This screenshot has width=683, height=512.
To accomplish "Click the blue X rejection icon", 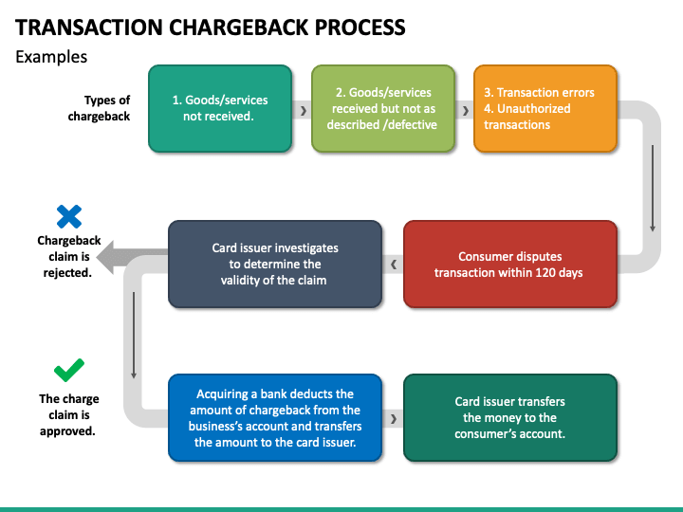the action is click(69, 216).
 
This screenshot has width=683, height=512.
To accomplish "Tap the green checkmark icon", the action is click(69, 370).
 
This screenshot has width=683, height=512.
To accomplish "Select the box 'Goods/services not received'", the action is click(220, 108).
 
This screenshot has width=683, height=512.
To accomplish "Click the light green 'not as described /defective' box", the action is click(383, 108).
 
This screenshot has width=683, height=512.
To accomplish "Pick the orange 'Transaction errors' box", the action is click(545, 108).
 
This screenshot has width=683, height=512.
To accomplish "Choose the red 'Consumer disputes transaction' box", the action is click(510, 265).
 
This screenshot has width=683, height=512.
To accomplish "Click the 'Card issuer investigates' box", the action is click(275, 265).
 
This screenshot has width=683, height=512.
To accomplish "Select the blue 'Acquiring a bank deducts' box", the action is click(275, 418).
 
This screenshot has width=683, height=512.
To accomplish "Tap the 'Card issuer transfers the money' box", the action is click(510, 418).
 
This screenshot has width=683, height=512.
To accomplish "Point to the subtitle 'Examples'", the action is click(51, 57).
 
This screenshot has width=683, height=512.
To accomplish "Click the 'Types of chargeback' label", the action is click(99, 108).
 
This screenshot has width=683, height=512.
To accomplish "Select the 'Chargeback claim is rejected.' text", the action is click(69, 256).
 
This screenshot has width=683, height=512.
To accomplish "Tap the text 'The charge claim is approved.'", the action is click(69, 415).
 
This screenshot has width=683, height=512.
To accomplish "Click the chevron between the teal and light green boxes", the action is click(304, 111).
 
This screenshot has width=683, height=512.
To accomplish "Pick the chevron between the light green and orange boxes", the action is click(466, 111).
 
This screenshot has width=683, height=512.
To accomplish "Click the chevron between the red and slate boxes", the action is click(394, 265).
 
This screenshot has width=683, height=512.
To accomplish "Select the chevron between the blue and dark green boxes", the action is click(394, 419).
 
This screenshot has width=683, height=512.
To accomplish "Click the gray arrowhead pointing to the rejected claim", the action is click(105, 257).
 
